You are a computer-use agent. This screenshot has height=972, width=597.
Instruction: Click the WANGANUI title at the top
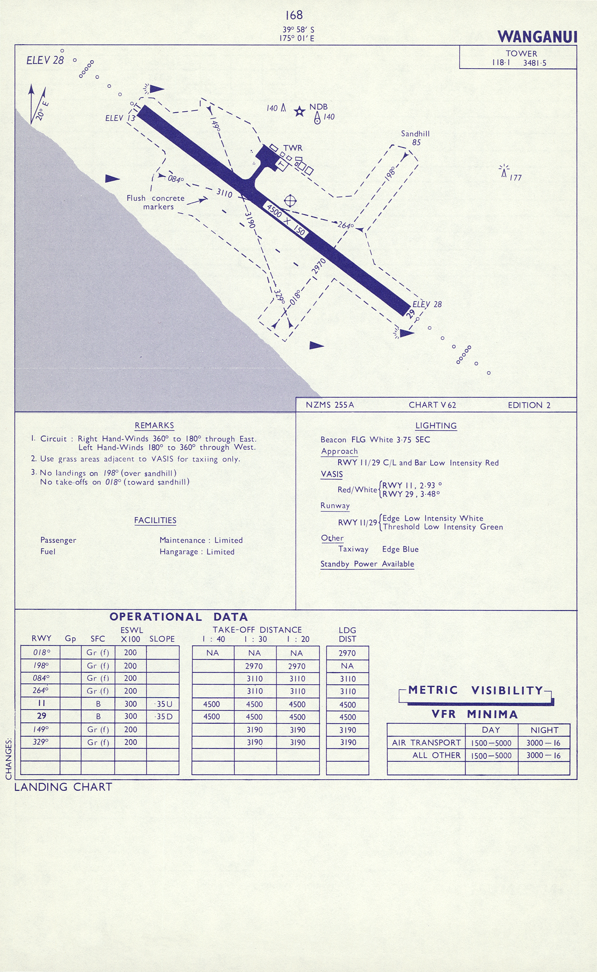[537, 37]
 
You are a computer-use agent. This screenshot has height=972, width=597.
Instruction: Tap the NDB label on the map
[318, 107]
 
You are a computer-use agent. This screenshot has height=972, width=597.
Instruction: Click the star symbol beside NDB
[300, 111]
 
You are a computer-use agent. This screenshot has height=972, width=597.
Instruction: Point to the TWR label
[292, 148]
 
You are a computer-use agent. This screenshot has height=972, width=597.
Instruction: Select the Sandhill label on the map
[415, 134]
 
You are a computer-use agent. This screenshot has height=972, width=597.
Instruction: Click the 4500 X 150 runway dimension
[286, 220]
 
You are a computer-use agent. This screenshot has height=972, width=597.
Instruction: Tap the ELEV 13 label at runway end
[120, 118]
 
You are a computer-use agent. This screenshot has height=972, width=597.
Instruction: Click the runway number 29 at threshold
[411, 313]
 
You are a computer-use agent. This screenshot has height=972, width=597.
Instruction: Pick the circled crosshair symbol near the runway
[290, 201]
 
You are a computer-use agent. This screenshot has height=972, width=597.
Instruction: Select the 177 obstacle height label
[515, 178]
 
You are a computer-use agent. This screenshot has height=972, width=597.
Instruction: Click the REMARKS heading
[154, 426]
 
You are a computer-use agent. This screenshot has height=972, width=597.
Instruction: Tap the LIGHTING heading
[436, 426]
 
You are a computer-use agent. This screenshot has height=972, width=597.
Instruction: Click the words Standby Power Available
[367, 564]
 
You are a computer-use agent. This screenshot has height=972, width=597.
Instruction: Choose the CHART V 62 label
[432, 405]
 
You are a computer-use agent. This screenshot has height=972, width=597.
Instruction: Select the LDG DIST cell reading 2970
[347, 653]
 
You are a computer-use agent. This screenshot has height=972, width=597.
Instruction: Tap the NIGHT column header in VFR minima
[544, 730]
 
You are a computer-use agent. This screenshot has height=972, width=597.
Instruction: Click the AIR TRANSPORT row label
[426, 743]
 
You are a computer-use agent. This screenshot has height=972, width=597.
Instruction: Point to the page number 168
[294, 15]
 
